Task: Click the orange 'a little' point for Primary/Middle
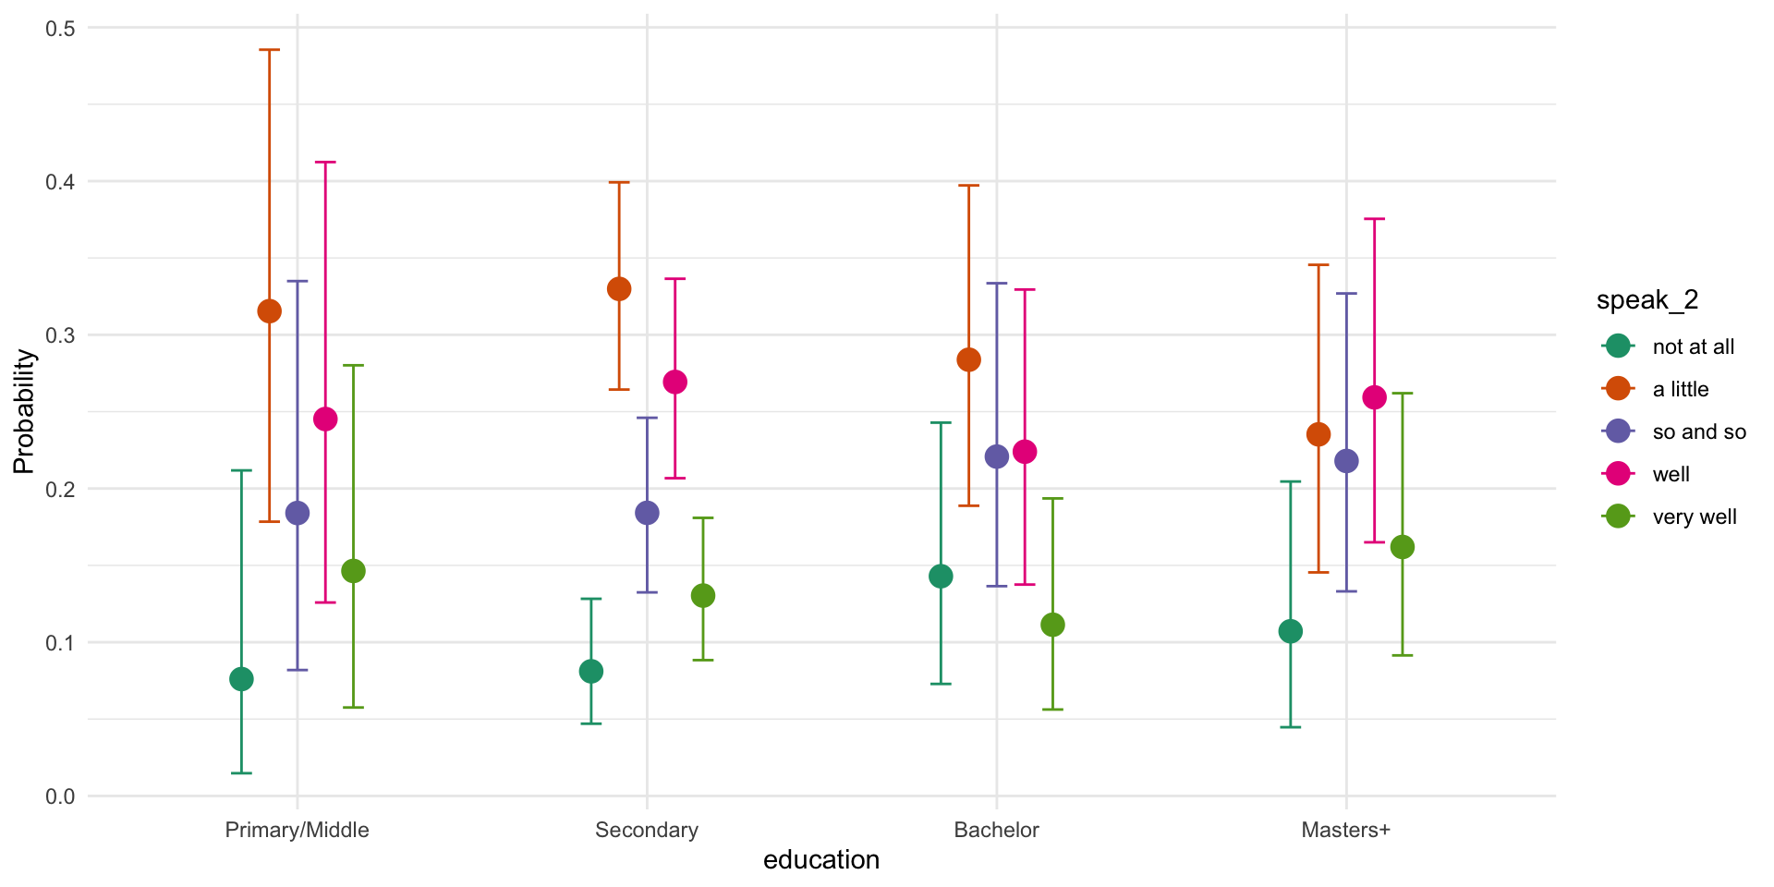(269, 311)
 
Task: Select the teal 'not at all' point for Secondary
(591, 672)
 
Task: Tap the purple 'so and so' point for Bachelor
(997, 456)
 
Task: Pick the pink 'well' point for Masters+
(1375, 397)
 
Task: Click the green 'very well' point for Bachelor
(1052, 626)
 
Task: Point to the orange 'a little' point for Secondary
(619, 289)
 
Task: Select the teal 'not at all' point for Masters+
(1291, 631)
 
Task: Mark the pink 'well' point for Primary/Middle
(325, 419)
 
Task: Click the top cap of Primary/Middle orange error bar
(269, 50)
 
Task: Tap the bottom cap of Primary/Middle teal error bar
(241, 772)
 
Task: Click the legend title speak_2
(1647, 300)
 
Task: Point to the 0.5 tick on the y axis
(61, 29)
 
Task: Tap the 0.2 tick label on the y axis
(61, 489)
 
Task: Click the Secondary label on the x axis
(647, 830)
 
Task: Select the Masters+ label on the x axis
(1345, 830)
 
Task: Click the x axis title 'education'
(821, 860)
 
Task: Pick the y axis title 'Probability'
(24, 412)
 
